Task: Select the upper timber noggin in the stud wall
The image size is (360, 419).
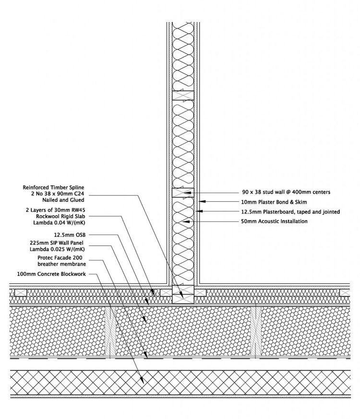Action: pyautogui.click(x=183, y=95)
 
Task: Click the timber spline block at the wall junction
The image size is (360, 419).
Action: pyautogui.click(x=183, y=293)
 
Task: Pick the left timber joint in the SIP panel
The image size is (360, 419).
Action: pyautogui.click(x=111, y=332)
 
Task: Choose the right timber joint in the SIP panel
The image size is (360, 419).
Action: pyautogui.click(x=255, y=332)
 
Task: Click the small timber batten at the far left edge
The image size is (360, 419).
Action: pyautogui.click(x=21, y=292)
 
